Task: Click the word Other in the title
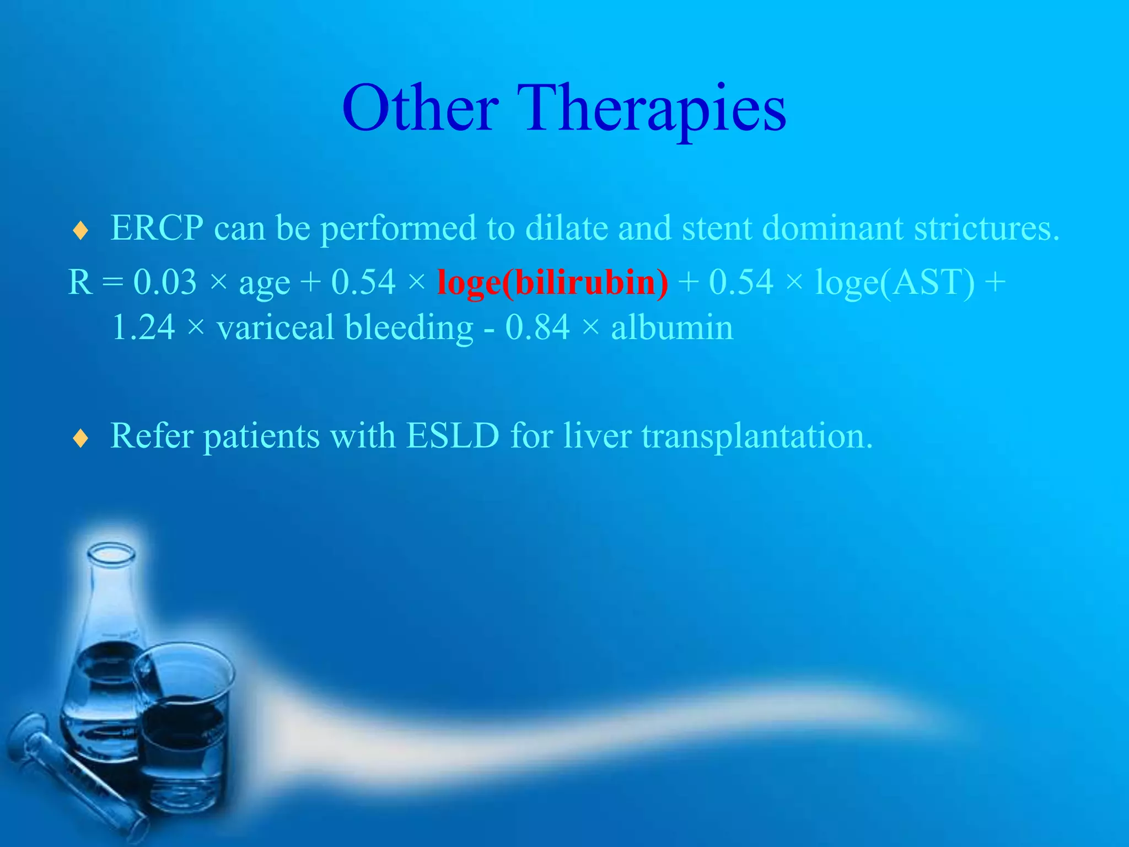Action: click(420, 109)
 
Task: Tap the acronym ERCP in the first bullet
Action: click(157, 227)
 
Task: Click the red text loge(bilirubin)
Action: click(552, 282)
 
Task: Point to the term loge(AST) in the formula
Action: click(895, 282)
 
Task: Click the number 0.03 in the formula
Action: click(165, 282)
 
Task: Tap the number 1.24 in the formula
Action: click(143, 328)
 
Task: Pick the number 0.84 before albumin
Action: click(537, 328)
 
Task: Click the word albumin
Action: click(672, 328)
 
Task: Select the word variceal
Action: click(276, 328)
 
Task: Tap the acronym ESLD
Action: click(453, 436)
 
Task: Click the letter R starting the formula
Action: click(80, 282)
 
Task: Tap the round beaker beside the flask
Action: click(185, 733)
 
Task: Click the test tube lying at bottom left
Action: click(72, 772)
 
